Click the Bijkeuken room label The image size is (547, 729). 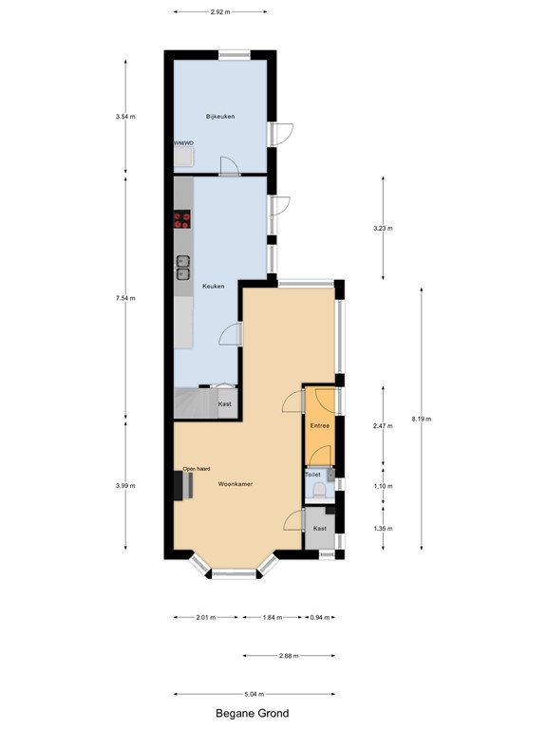pos(220,116)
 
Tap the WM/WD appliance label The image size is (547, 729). pos(183,143)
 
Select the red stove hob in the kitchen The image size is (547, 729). pos(182,220)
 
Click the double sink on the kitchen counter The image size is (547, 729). pos(182,269)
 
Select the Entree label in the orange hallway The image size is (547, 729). pos(321,426)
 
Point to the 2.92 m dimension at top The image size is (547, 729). pos(220,12)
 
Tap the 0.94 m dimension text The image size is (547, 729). pos(321,617)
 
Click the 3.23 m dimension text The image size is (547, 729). pos(383,229)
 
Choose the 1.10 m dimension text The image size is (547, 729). pos(383,485)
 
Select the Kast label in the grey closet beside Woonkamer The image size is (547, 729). pos(320,528)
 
